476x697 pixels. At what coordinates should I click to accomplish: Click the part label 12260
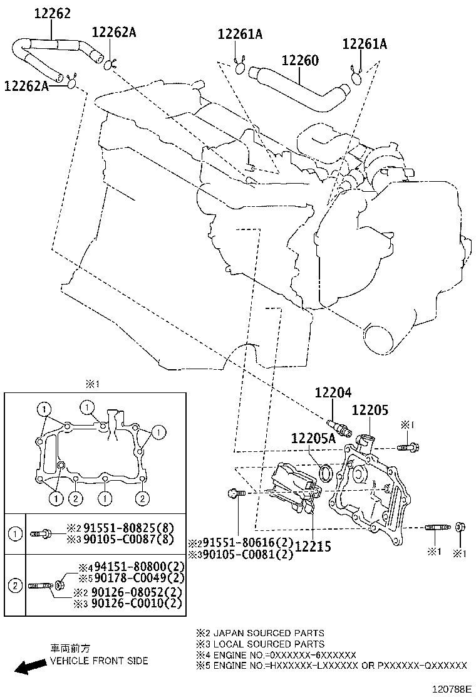300,61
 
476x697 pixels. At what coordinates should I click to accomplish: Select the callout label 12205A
313,439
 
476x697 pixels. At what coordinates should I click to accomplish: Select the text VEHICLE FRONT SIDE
99,661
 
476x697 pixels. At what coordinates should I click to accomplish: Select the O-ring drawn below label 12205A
326,471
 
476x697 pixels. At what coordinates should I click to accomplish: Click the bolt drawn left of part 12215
236,494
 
